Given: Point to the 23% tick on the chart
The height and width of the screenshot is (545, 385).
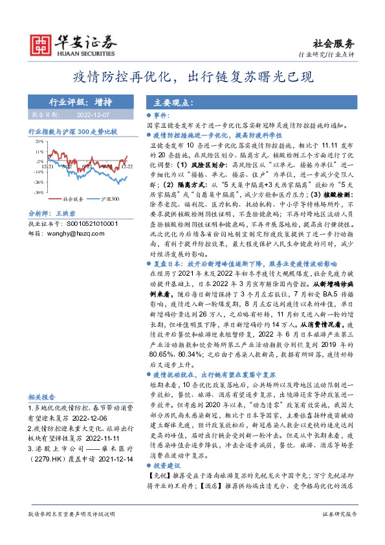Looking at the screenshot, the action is [x=39, y=140].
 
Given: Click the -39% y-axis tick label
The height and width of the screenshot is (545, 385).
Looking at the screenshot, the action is [x=39, y=192].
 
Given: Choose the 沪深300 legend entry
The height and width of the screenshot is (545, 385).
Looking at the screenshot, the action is [x=110, y=199].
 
